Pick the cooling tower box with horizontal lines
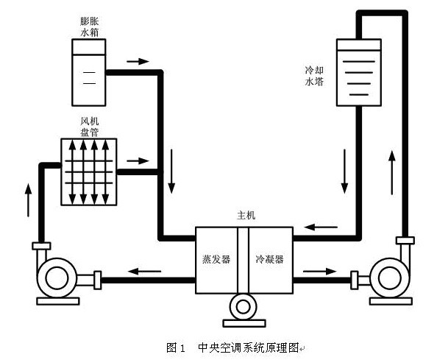(x=358, y=72)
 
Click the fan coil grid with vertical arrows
(x=88, y=172)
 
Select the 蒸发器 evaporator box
(x=216, y=259)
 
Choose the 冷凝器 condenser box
(x=269, y=259)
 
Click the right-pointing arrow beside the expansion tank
(x=137, y=60)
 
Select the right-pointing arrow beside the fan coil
(x=137, y=159)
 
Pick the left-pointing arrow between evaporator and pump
(x=144, y=270)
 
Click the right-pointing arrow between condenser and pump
(x=318, y=270)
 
